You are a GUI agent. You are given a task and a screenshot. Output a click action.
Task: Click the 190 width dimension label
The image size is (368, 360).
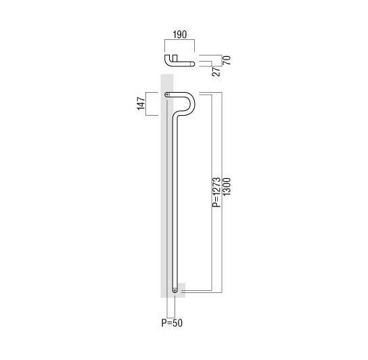click(x=180, y=35)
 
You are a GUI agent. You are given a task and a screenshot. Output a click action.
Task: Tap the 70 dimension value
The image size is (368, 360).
click(x=227, y=60)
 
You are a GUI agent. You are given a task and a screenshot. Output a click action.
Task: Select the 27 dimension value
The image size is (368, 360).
click(x=216, y=71)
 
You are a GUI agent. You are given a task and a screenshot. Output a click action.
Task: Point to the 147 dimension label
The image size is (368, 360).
click(x=141, y=104)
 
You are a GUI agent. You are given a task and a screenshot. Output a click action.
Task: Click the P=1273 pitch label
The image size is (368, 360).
click(x=216, y=192)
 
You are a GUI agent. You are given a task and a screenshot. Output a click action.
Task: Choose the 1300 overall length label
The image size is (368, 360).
click(x=227, y=187)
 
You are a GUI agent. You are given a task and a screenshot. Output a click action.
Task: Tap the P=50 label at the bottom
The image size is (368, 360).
click(x=172, y=323)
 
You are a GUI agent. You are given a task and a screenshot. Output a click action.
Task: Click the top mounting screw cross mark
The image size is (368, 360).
click(x=167, y=95)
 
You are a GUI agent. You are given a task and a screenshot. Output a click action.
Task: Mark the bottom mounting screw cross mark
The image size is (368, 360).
click(x=175, y=290)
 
